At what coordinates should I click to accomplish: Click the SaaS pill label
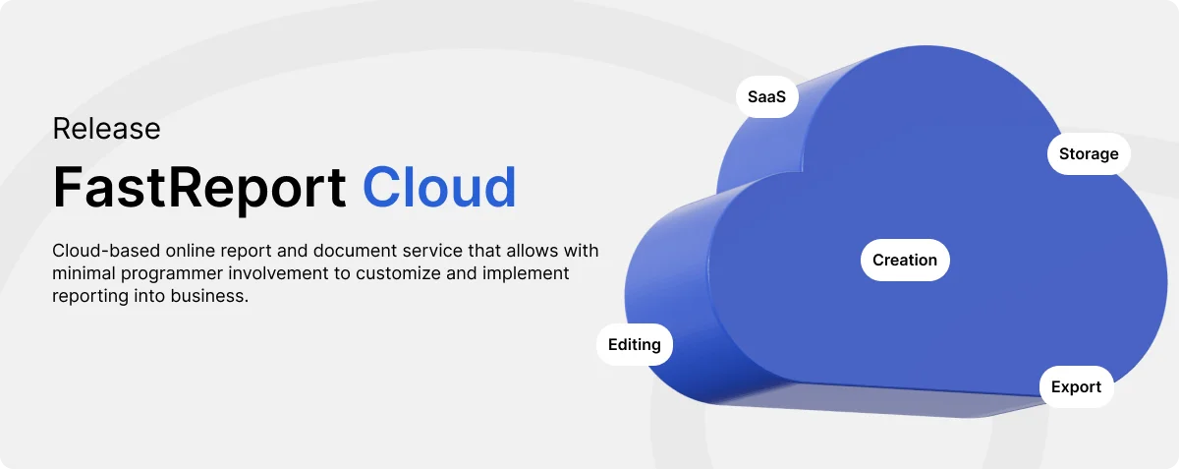tap(767, 97)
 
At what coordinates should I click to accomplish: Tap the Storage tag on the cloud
tap(1089, 153)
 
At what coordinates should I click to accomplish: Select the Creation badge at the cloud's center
tap(905, 260)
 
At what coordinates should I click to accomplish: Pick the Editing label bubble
tap(635, 345)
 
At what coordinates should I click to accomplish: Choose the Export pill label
tap(1076, 386)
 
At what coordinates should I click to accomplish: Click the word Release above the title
tap(106, 129)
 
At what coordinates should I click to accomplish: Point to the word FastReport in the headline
tap(198, 188)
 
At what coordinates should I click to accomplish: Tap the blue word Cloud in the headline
tap(439, 187)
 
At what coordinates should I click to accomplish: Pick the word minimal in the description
tap(84, 273)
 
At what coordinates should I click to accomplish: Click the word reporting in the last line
tap(90, 297)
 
